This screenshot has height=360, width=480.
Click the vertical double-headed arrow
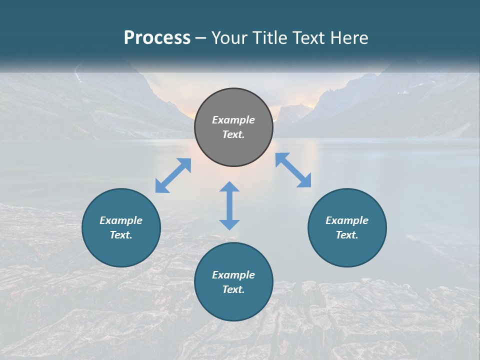click(229, 205)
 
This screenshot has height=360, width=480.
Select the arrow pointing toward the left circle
click(173, 175)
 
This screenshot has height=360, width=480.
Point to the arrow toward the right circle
click(293, 170)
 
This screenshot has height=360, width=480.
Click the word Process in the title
click(157, 38)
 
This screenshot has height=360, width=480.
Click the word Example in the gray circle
click(233, 120)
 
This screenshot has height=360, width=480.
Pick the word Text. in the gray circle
click(233, 134)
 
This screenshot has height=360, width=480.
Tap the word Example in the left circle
click(121, 220)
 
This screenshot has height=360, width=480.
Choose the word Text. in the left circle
click(121, 235)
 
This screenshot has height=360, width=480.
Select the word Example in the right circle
click(347, 220)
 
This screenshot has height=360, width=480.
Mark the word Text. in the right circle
click(347, 235)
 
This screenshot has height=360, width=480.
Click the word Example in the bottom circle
click(233, 275)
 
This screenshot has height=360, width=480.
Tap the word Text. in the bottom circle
click(233, 289)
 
